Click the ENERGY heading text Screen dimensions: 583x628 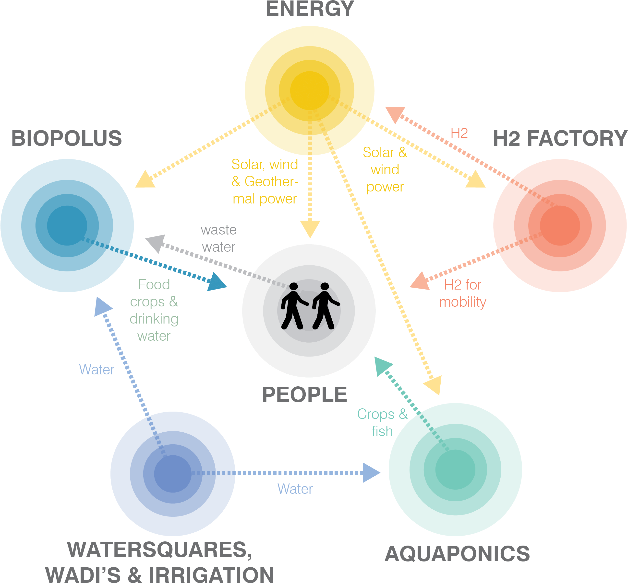click(x=310, y=9)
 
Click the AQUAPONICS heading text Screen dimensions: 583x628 click(x=457, y=554)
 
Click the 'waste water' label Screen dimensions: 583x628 click(x=218, y=238)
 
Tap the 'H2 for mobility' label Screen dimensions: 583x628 click(x=462, y=293)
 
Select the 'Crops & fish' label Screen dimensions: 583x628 click(x=382, y=423)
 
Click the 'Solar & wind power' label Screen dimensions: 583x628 click(x=385, y=169)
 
